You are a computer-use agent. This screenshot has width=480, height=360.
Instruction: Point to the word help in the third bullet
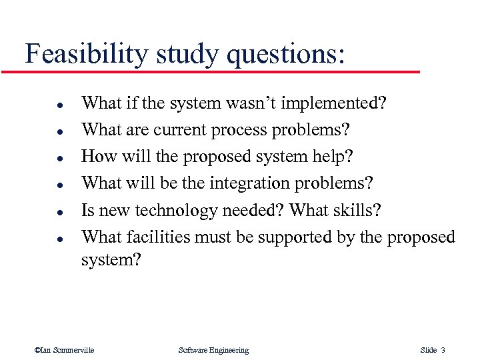[331, 157]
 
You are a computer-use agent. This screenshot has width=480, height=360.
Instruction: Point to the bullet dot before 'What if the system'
[41, 105]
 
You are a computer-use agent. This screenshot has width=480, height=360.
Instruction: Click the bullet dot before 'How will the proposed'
[41, 158]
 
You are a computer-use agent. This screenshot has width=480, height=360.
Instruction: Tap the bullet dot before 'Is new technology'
[41, 212]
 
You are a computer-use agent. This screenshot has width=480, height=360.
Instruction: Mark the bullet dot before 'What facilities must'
[41, 238]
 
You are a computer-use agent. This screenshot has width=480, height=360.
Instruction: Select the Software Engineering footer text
[213, 350]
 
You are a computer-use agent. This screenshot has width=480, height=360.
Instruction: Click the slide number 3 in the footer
[443, 350]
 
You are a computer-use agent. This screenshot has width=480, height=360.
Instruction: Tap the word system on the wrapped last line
[111, 259]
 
